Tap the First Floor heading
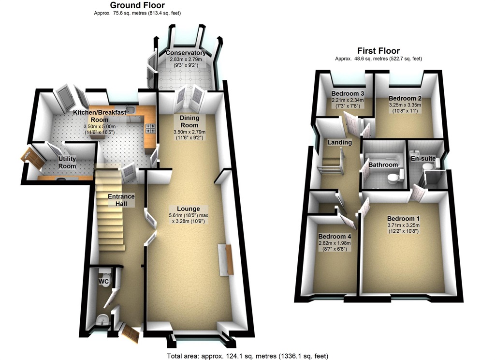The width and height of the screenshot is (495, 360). pos(378,50)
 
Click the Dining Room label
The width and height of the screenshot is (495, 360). pos(189,121)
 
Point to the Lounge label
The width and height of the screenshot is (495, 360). pos(188,209)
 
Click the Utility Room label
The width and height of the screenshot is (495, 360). pos(67,163)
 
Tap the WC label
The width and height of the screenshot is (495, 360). pos(104,281)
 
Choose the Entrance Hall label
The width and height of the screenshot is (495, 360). pos(121,200)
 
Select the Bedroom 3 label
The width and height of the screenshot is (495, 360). pos(348,93)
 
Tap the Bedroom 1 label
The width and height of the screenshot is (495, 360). pos(403,218)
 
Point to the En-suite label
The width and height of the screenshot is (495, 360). pos(423,158)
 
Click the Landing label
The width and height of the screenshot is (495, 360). pos(339,142)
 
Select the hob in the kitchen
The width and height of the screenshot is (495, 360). pos(150,128)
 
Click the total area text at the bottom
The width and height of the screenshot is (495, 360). pos(247,356)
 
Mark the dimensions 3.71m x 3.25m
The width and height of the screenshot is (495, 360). pos(403,225)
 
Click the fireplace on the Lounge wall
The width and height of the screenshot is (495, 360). pos(226,260)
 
